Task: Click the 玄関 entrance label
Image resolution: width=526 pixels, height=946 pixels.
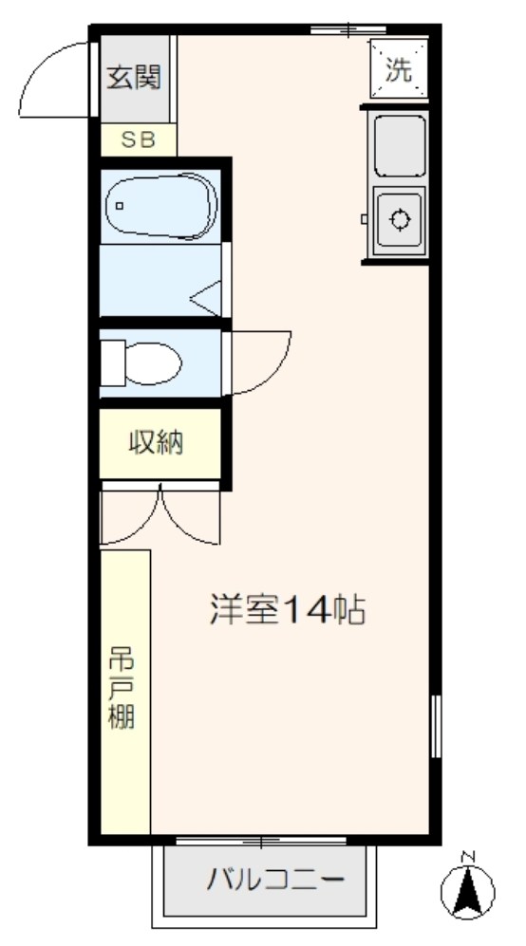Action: [x=133, y=76]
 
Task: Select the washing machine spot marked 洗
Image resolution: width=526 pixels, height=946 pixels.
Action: [x=399, y=70]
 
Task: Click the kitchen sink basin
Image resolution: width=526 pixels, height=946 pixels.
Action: [x=400, y=145]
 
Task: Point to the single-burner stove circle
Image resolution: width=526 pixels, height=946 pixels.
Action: [x=400, y=221]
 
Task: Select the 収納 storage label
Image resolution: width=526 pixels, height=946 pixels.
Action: [x=157, y=442]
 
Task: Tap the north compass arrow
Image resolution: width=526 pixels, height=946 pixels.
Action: [x=468, y=890]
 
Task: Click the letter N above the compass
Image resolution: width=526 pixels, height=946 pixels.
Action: [x=467, y=856]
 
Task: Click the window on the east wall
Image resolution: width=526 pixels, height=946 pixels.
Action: [x=436, y=726]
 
